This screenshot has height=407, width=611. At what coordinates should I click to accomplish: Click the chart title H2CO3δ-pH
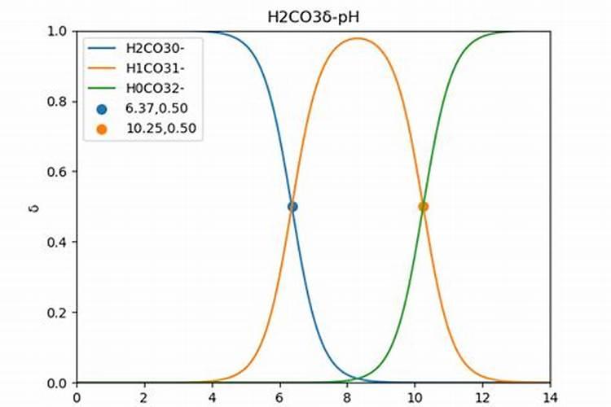(x=313, y=15)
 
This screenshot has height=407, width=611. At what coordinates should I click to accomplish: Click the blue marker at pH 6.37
(x=292, y=207)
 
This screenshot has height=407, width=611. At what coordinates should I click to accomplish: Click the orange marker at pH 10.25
(x=423, y=207)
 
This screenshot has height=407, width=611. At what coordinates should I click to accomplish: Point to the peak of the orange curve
(x=357, y=38)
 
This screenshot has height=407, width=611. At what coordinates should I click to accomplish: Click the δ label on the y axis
(x=34, y=208)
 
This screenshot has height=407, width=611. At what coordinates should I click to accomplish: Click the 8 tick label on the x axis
(x=347, y=398)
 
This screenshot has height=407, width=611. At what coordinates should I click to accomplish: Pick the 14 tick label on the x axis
(x=549, y=398)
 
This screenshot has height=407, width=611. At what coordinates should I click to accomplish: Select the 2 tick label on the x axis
(x=144, y=398)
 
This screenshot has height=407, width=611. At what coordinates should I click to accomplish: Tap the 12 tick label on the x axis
(x=481, y=398)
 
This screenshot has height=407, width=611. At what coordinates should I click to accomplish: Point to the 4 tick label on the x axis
(x=212, y=398)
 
